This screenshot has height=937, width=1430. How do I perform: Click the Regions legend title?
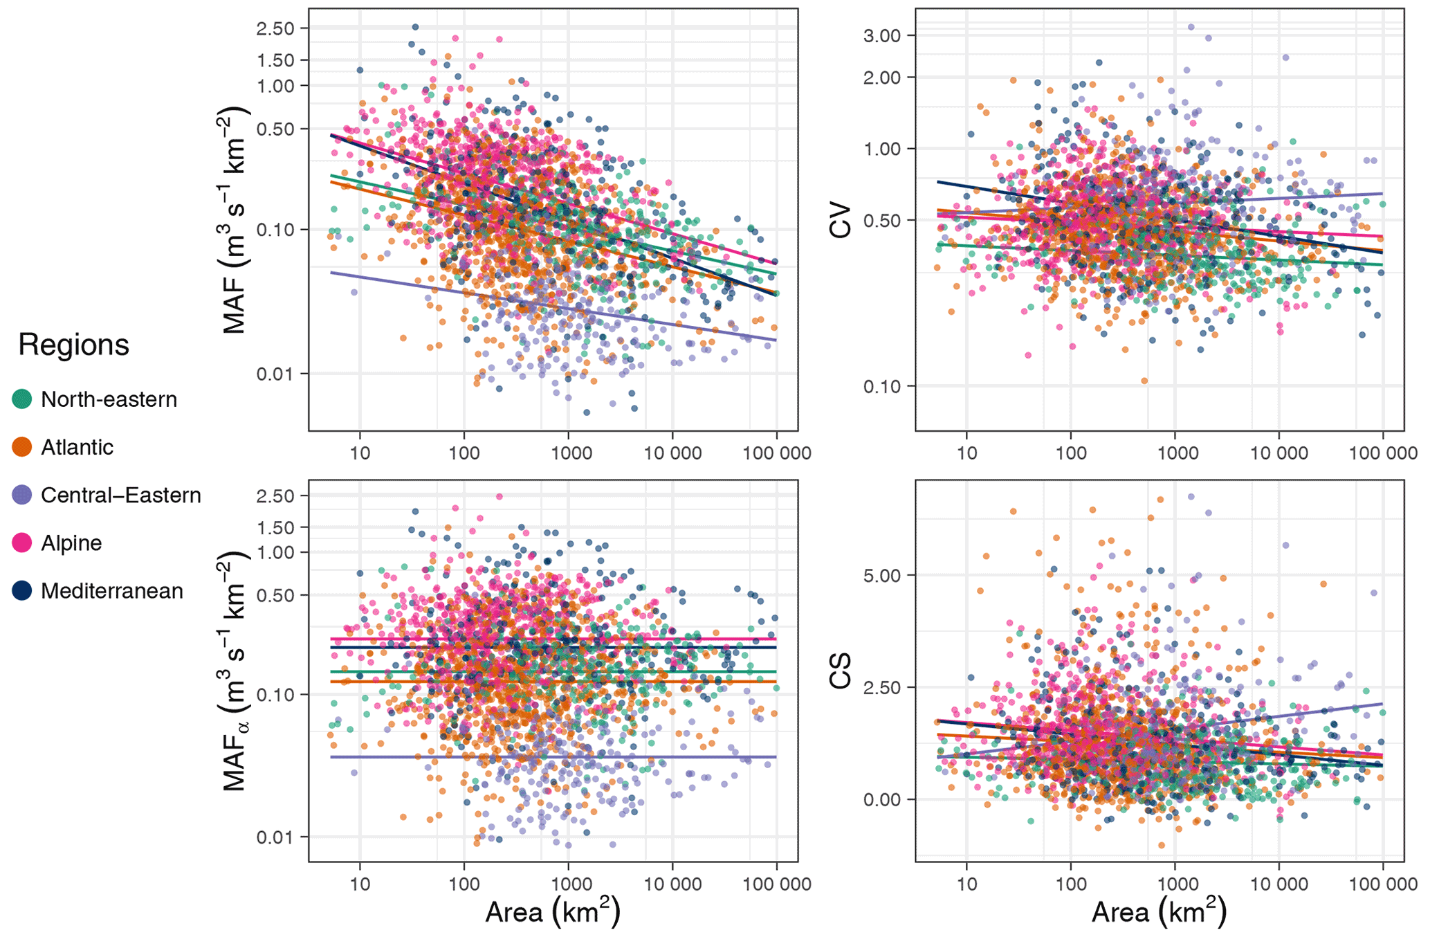73,345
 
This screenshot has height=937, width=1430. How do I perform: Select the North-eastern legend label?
109,399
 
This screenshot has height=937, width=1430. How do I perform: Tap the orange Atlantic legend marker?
22,447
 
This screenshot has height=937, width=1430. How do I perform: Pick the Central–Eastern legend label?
120,495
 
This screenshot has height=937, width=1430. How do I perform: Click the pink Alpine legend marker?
22,543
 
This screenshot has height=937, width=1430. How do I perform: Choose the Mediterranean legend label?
111,591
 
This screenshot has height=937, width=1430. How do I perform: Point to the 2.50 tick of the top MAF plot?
275,29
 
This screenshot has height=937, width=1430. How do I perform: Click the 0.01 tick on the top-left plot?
275,374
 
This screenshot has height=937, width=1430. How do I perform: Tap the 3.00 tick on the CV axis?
882,36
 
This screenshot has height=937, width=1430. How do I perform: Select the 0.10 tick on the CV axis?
882,386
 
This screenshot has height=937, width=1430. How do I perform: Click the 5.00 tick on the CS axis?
882,576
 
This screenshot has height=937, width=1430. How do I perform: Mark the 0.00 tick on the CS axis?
882,800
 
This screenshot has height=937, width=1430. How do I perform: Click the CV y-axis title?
841,219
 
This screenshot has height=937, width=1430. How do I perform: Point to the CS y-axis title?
841,671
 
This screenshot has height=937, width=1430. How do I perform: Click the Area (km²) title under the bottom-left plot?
552,912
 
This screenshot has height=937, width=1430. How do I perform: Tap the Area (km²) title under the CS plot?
1159,912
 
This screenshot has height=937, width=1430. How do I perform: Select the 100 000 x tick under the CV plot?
1383,453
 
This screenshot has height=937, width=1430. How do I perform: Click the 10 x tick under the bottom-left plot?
360,884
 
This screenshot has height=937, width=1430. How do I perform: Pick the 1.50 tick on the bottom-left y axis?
275,527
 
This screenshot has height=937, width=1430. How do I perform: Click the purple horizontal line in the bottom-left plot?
553,757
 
